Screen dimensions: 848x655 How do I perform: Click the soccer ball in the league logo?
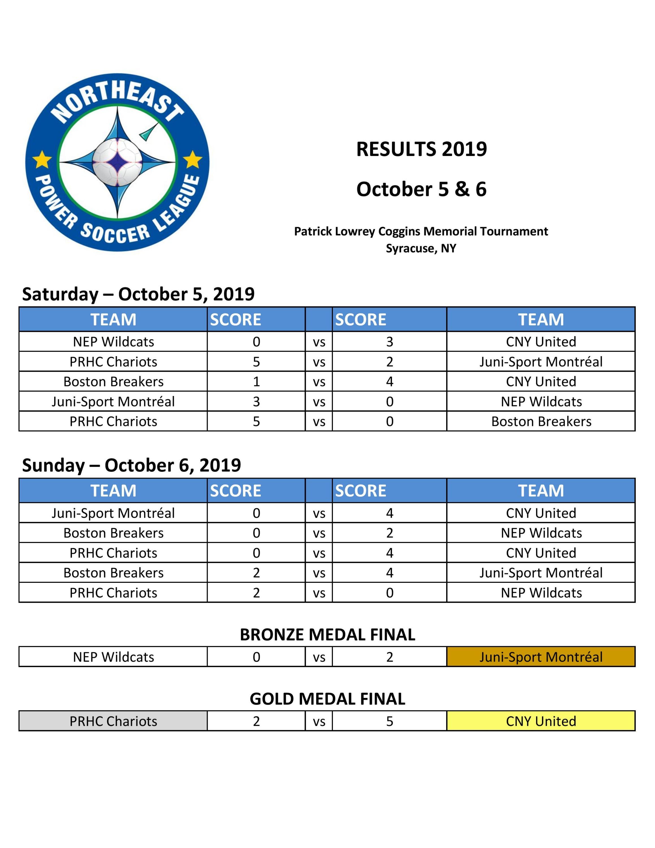coord(118,162)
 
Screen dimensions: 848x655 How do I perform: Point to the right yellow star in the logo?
coord(192,159)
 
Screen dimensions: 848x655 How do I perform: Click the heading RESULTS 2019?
coord(421,149)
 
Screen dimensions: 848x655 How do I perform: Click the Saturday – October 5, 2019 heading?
coord(138,294)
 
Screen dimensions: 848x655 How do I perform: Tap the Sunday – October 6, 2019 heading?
coord(132,465)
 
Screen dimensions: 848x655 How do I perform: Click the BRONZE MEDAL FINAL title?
coord(327,635)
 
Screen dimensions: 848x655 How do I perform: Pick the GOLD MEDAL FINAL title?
coord(327,699)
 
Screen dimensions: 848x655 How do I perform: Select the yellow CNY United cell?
coord(541,721)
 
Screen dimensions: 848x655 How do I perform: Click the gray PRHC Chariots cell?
coord(113,721)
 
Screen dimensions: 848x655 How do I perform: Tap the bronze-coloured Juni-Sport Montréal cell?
coord(541,657)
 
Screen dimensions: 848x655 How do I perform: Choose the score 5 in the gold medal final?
coord(390,721)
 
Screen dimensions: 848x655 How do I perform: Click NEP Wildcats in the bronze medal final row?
coord(113,657)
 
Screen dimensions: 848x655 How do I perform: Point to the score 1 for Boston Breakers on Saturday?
coord(256,382)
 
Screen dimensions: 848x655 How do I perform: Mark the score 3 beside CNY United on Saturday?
coord(390,342)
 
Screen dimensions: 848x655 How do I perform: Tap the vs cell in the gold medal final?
coord(319,721)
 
